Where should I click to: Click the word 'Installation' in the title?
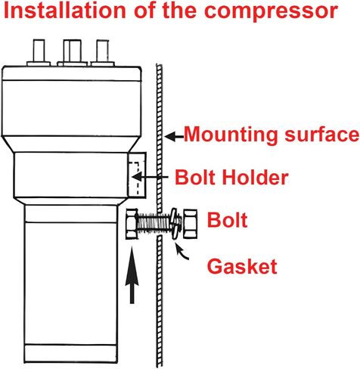65,11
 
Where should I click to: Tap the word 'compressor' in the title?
271,13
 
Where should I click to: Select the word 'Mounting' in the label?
231,135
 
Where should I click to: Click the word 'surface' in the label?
321,135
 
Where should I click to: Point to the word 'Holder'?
255,177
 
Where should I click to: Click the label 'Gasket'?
242,266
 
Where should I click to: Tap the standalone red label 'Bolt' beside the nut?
227,220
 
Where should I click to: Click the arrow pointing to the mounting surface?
174,137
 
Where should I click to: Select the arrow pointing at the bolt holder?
150,177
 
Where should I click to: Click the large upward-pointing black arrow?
132,274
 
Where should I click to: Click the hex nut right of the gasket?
190,224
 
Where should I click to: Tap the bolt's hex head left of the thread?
132,224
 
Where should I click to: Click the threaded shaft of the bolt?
153,224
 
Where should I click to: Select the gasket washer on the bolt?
175,224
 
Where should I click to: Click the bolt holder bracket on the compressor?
137,175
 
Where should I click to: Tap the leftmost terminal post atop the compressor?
39,52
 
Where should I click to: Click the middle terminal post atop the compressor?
73,52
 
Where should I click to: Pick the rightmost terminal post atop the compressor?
103,52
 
